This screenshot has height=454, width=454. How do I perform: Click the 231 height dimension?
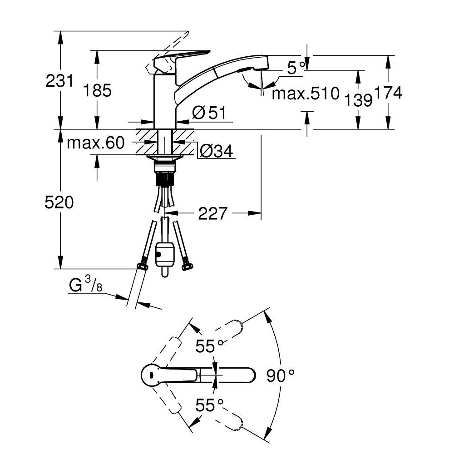click(x=59, y=81)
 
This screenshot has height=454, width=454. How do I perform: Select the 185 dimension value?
click(x=97, y=91)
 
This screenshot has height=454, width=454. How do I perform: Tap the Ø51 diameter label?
click(x=208, y=113)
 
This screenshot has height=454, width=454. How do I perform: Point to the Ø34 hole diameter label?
click(x=216, y=151)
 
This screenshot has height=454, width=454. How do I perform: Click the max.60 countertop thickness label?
click(x=95, y=143)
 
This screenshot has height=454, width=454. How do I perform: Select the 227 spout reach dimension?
click(x=212, y=213)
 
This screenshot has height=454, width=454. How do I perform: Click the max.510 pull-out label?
click(x=305, y=94)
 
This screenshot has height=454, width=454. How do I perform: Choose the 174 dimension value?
click(x=388, y=93)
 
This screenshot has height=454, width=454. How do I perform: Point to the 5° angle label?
click(x=296, y=69)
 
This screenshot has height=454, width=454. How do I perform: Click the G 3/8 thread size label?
click(x=85, y=286)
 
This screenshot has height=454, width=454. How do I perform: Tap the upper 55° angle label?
click(x=210, y=346)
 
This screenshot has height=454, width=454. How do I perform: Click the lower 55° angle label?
click(x=210, y=405)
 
